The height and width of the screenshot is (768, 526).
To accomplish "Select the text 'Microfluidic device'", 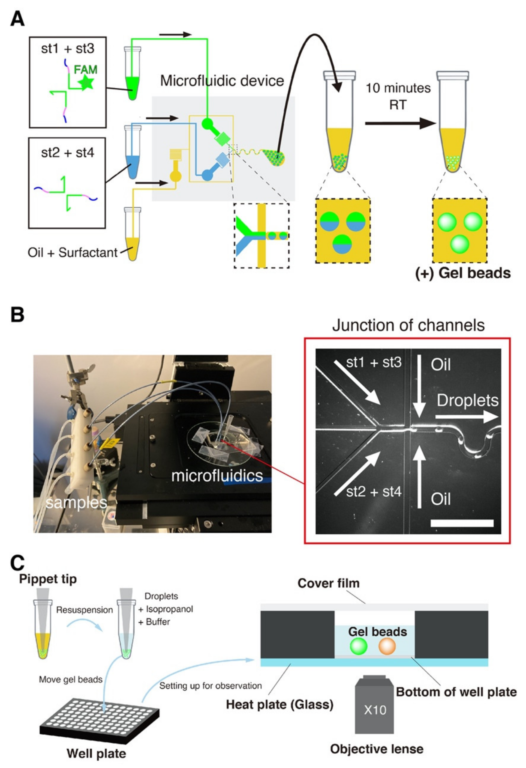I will [x=222, y=81].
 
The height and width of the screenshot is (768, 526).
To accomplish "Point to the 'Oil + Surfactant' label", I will [x=73, y=252].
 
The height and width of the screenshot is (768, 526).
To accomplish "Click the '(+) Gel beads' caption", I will [x=463, y=273].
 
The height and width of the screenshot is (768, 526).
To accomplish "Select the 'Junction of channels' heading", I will [x=408, y=325].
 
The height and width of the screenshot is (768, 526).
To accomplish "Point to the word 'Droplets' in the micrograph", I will [x=467, y=401].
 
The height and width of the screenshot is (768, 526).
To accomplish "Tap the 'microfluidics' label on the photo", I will [x=217, y=475].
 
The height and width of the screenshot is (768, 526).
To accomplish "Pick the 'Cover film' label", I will [x=328, y=583].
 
